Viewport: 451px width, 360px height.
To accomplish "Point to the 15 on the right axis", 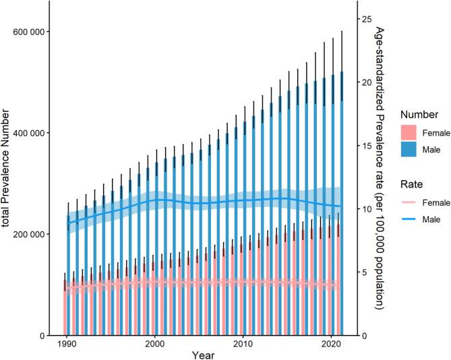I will (x=363, y=146).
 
